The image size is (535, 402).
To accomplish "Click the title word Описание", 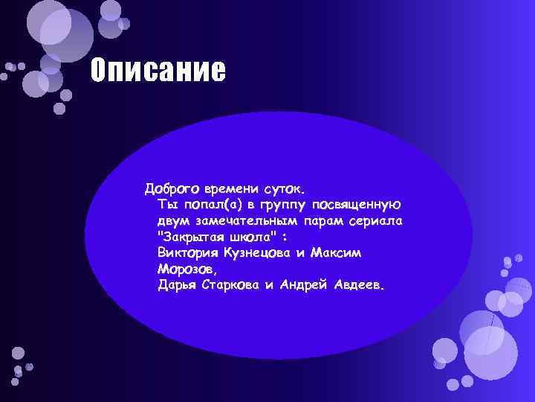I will (157, 71).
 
